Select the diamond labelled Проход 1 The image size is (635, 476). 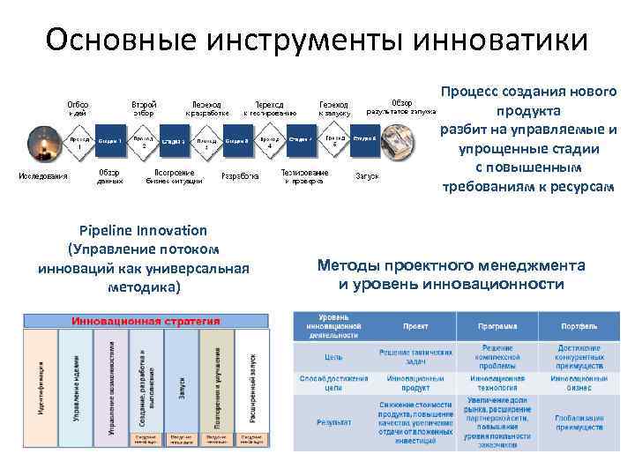[79, 143]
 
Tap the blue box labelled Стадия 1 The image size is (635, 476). [110, 140]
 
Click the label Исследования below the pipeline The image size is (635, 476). [43, 176]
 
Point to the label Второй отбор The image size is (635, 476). [144, 108]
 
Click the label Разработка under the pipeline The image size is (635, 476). [240, 176]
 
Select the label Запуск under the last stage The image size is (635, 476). [367, 176]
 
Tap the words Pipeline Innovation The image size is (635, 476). [143, 230]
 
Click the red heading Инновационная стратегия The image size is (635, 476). [146, 322]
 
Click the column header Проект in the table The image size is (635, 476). [415, 326]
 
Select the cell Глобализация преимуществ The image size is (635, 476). [579, 422]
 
